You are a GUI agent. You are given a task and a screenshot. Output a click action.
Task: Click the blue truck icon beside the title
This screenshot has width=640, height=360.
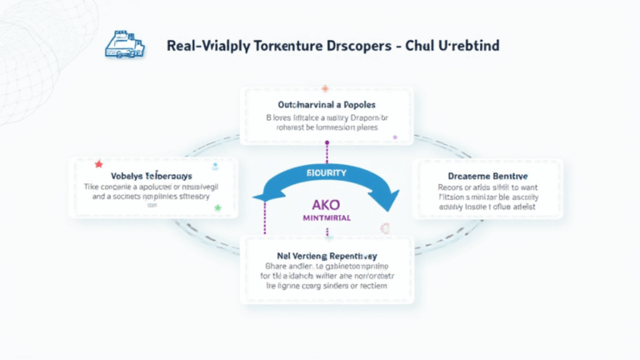click(124, 45)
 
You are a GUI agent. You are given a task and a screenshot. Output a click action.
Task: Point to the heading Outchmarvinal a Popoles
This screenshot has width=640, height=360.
click(327, 105)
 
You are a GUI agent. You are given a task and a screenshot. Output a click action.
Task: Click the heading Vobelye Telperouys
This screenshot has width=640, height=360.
click(147, 177)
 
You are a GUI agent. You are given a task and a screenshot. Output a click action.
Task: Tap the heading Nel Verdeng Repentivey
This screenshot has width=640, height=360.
click(327, 256)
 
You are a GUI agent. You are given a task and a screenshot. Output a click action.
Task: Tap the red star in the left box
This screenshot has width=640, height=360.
click(98, 164)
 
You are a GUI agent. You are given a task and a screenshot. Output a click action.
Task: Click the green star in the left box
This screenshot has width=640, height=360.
click(217, 207)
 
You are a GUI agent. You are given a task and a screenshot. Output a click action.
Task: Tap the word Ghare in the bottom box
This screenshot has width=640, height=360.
click(276, 267)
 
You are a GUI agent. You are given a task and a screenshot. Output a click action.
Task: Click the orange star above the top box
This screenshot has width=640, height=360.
click(325, 87)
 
